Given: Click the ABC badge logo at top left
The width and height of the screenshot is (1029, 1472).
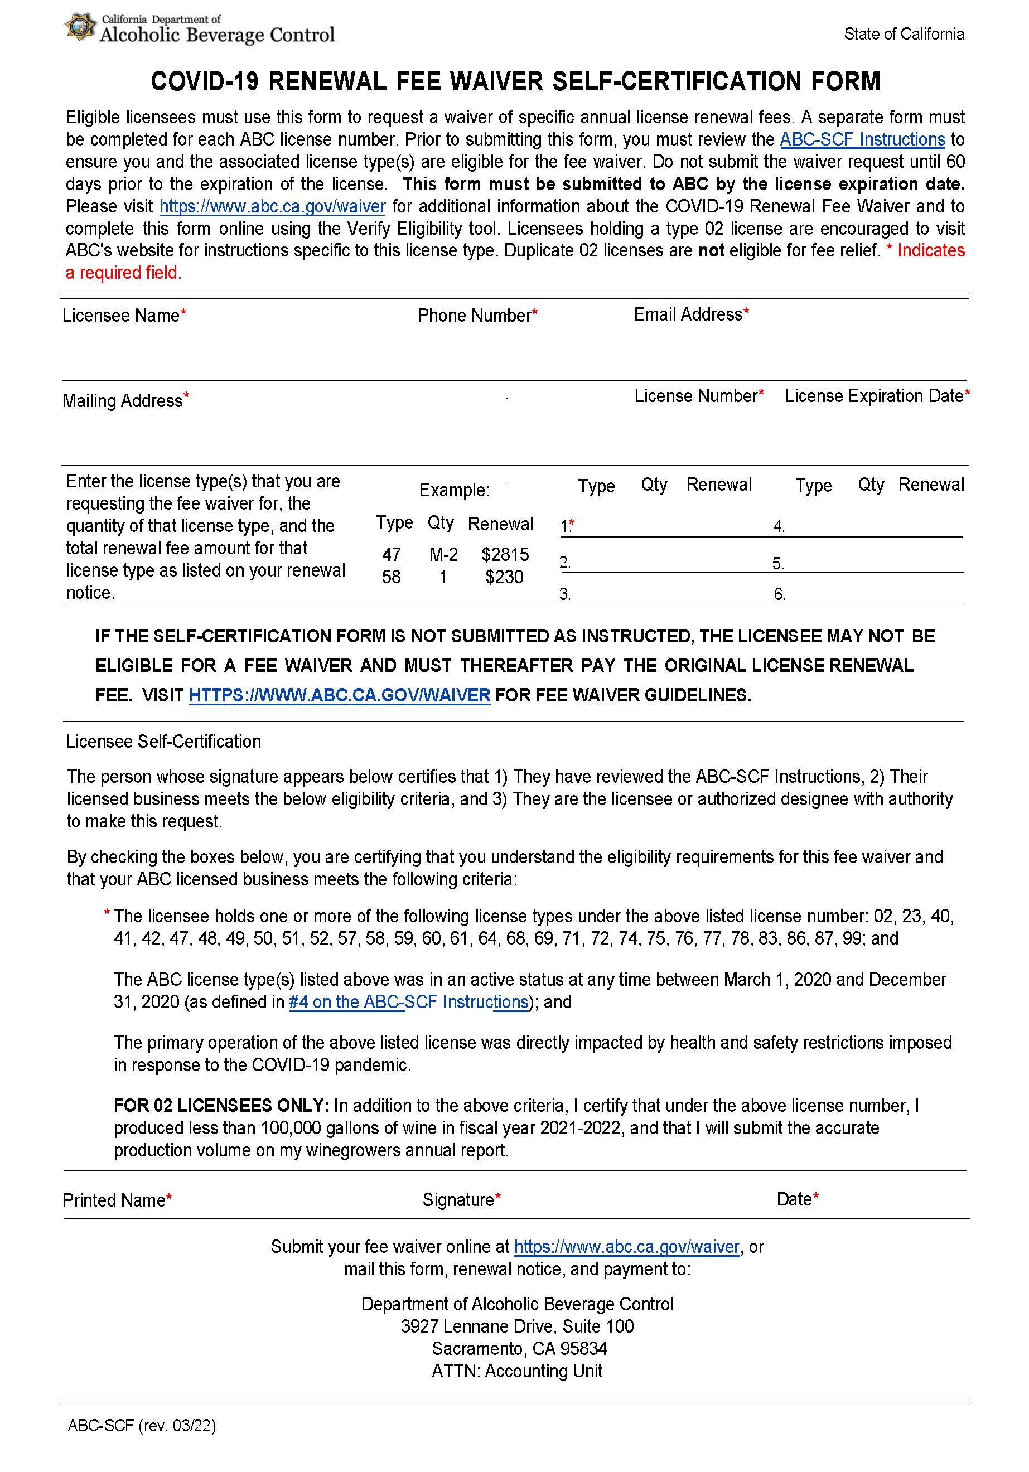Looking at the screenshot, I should [x=80, y=27].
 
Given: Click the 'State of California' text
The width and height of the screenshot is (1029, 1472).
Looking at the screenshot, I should [x=904, y=34].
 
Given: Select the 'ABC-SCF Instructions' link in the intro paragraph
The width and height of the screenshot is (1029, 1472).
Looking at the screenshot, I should [x=862, y=140].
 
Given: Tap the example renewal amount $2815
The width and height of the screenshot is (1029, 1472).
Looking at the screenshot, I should [x=505, y=555].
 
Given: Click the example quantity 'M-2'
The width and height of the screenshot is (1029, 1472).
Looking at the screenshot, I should [x=443, y=555].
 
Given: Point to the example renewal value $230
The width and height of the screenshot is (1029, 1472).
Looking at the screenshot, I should [x=504, y=577].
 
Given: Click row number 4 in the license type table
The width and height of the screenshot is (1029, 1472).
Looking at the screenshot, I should [x=779, y=527].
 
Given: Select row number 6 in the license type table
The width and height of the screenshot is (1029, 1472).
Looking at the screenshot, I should [x=779, y=595].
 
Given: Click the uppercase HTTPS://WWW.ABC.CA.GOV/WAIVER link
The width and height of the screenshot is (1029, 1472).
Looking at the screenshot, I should [x=339, y=696].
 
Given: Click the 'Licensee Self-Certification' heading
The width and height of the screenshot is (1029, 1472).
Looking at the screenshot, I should [x=163, y=742].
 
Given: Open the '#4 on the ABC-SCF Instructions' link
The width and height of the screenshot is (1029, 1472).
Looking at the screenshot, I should [x=408, y=1002].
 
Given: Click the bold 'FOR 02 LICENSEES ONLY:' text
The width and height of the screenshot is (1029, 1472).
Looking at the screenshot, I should [x=220, y=1106].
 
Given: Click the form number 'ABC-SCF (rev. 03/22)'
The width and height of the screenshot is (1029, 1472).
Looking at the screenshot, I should [x=142, y=1426].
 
